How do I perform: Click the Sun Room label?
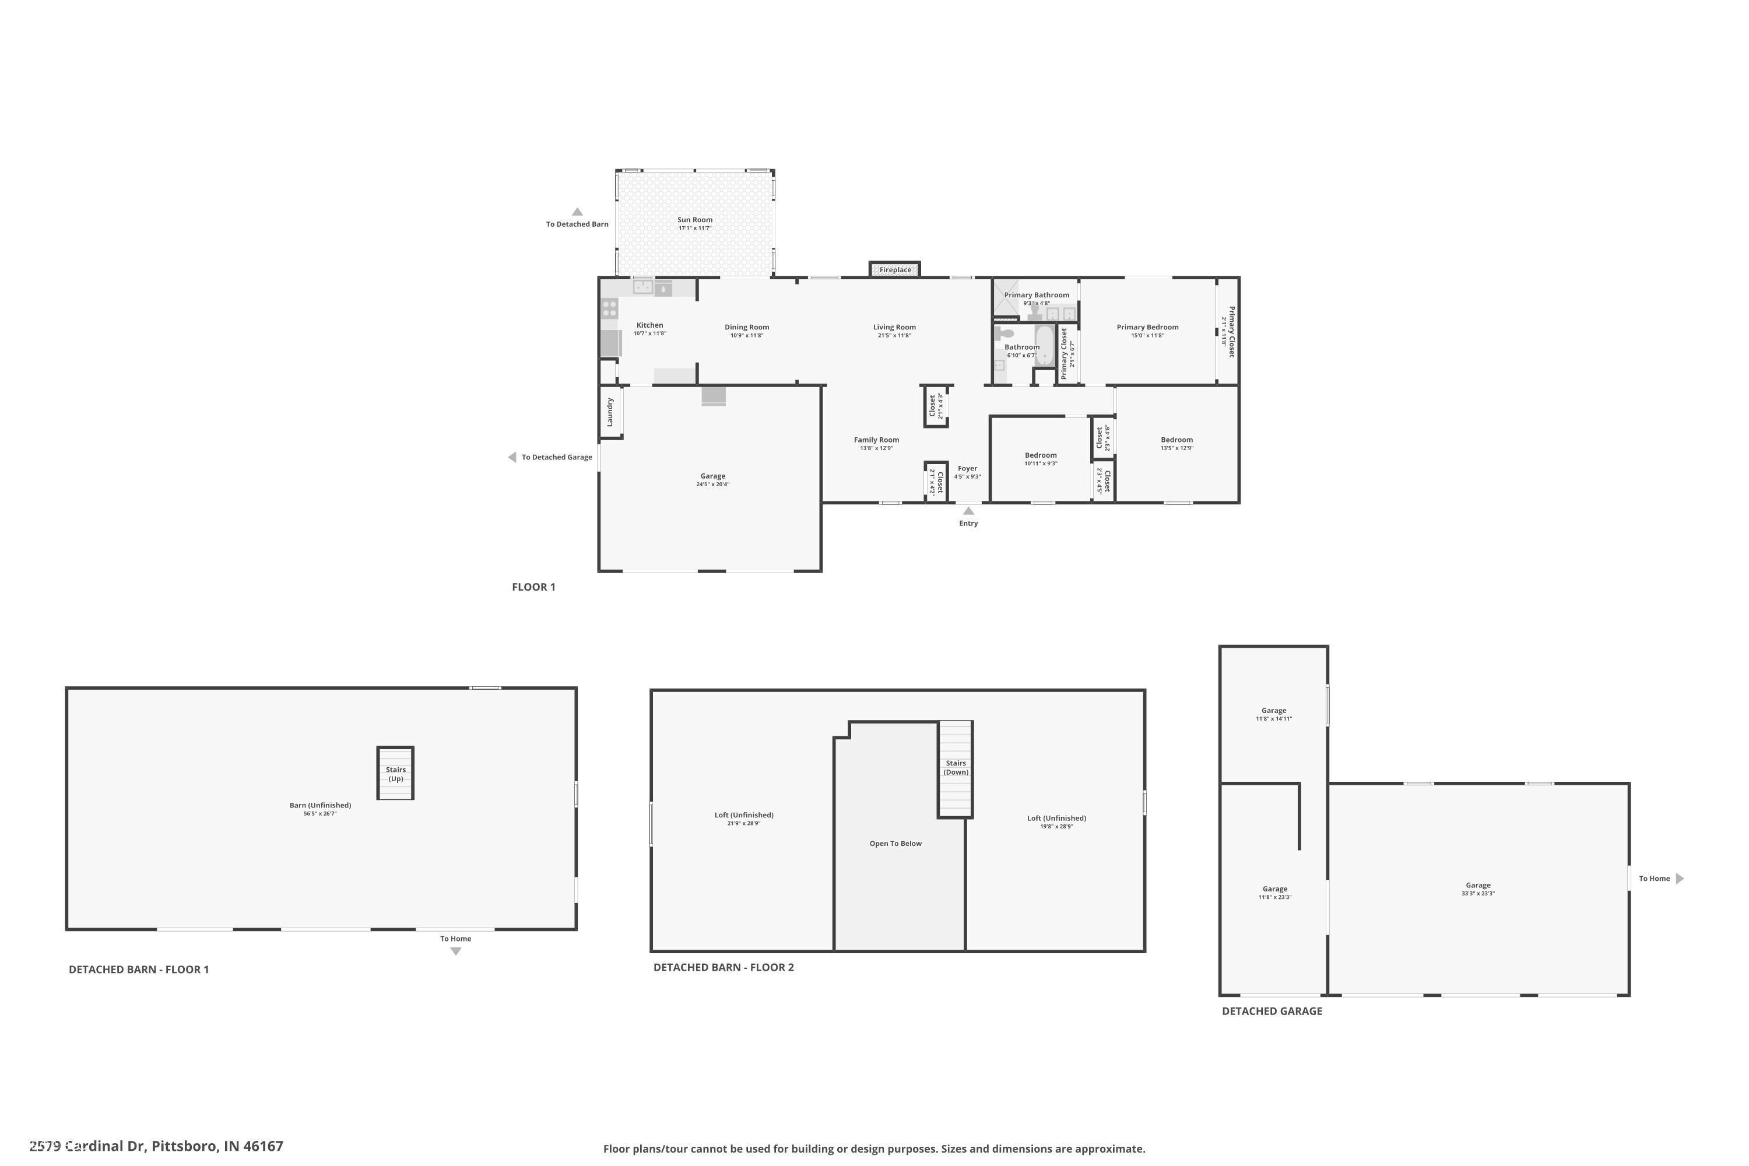pos(694,220)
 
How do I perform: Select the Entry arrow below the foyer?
pos(968,511)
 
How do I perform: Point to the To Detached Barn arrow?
pos(577,212)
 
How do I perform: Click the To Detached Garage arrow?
pos(512,457)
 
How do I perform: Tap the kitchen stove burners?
pos(610,308)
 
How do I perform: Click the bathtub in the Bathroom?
pos(1045,346)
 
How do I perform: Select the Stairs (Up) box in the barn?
pos(395,774)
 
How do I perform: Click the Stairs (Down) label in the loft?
pos(956,767)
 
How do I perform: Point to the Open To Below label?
pos(895,843)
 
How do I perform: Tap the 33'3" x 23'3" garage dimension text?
pos(1477,893)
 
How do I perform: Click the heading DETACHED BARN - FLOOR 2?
pos(723,967)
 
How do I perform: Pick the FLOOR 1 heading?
pos(533,586)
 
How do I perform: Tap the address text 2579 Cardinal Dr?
pos(156,1146)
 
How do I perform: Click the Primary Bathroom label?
pos(1037,295)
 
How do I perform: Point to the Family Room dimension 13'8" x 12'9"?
pos(876,448)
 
